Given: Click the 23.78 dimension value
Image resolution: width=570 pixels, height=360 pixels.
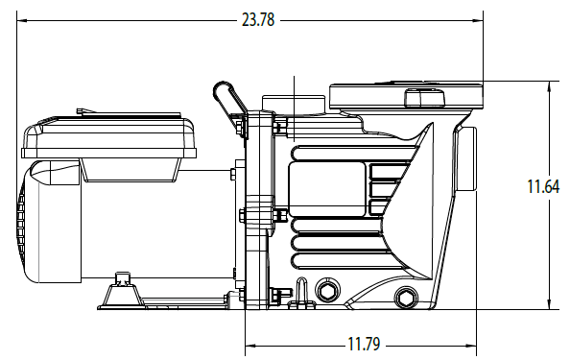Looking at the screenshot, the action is pyautogui.click(x=258, y=19).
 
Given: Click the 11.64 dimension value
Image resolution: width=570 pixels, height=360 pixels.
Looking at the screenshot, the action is pyautogui.click(x=543, y=186).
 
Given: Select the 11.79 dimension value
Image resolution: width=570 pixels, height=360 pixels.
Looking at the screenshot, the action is pyautogui.click(x=364, y=344).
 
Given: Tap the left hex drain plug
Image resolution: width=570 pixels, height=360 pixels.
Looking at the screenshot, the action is pyautogui.click(x=327, y=290).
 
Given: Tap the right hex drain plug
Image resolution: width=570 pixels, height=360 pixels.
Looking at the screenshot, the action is pyautogui.click(x=406, y=299).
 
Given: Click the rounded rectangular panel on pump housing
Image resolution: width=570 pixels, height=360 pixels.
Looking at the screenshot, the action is pyautogui.click(x=327, y=189).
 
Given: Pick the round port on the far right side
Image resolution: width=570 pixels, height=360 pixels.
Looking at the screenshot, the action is pyautogui.click(x=466, y=159).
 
